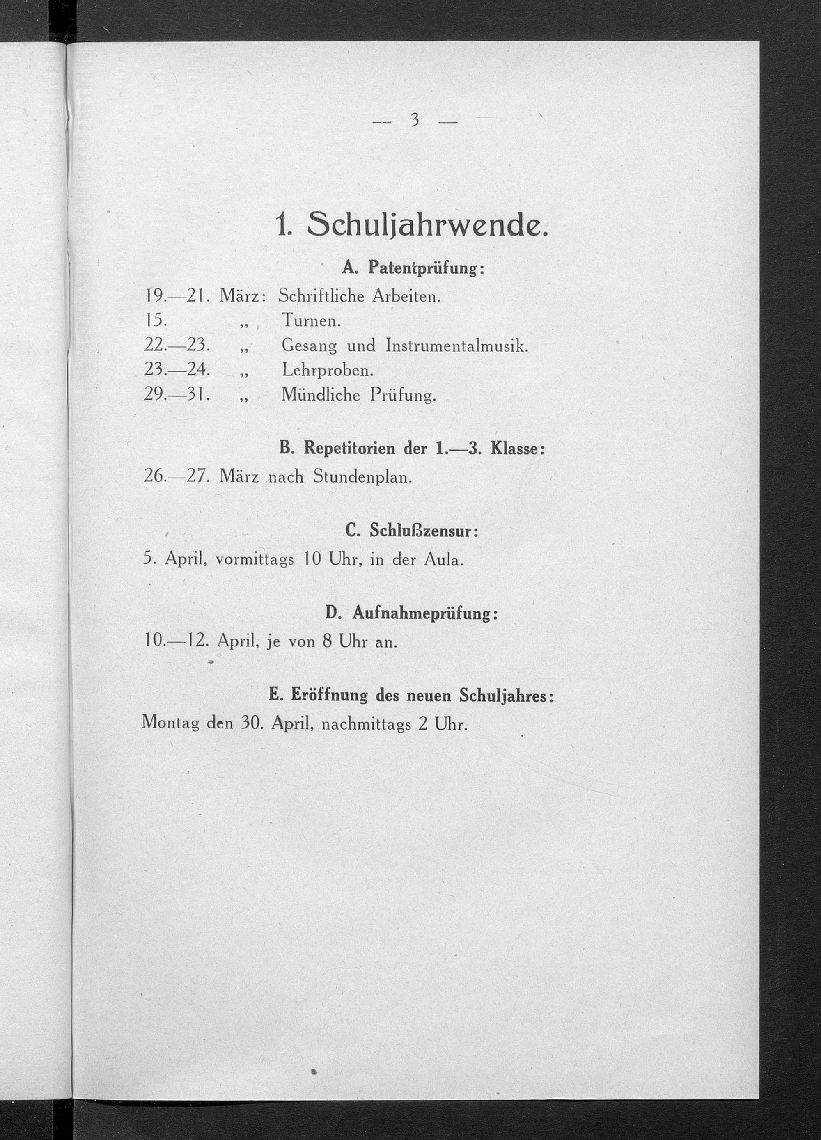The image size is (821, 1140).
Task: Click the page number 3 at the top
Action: pyautogui.click(x=415, y=121)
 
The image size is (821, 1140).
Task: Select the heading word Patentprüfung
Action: pyautogui.click(x=426, y=268)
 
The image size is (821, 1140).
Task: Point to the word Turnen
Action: pyautogui.click(x=311, y=320)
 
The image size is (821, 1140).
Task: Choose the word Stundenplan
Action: pyautogui.click(x=362, y=476)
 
